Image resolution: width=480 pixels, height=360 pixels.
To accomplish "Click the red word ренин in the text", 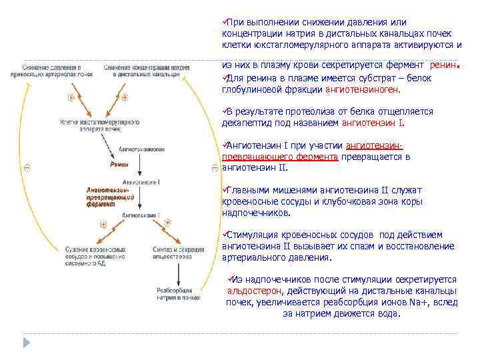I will coord(443,65).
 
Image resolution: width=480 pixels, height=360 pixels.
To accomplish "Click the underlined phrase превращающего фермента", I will coord(280,157).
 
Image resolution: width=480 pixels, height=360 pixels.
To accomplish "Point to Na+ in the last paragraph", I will coord(419,302).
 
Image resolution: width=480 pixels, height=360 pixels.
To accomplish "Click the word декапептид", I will coord(247,123).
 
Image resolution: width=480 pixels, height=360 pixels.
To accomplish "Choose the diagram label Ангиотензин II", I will coord(141,216).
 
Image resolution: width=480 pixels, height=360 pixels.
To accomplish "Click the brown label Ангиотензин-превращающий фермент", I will coord(111,197).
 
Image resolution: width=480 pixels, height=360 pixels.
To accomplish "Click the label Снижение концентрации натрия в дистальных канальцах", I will coord(147,71).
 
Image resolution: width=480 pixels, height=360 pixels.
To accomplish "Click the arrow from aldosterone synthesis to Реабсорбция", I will coord(176,273).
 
